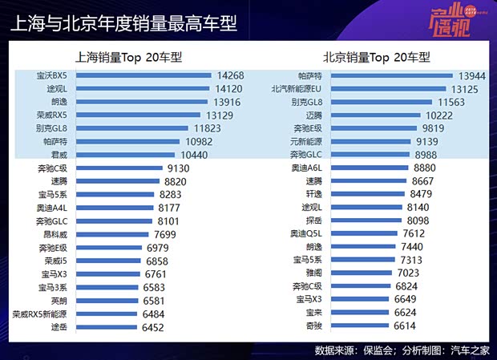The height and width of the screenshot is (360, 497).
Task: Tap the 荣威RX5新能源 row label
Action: point(38,314)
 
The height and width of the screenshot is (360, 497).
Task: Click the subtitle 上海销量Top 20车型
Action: point(129,57)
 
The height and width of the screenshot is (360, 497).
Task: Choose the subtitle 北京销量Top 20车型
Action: point(377,57)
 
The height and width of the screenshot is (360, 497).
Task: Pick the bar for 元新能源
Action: point(362,141)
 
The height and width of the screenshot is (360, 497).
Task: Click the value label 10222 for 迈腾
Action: point(437,115)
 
